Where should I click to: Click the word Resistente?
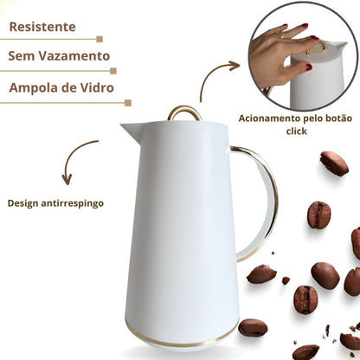pos(42,27)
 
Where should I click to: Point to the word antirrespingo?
pos(72,203)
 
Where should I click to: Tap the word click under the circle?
pos(297,132)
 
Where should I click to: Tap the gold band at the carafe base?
pos(182,340)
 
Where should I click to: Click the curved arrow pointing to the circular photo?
pos(212,75)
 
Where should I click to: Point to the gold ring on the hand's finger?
pos(280,35)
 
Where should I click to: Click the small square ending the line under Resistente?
pos(100,39)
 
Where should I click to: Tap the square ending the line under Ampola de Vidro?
pos(128,103)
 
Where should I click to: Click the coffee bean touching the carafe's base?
pos(253,327)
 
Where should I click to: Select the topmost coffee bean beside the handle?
pos(334,164)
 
